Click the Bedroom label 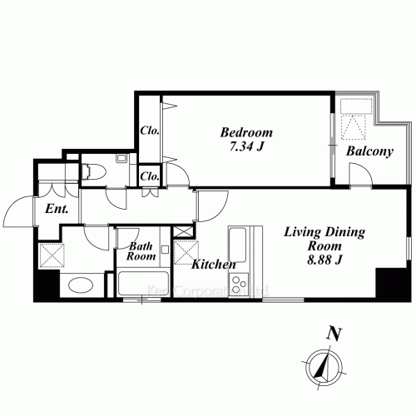pyautogui.click(x=246, y=132)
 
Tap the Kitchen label pyautogui.click(x=214, y=265)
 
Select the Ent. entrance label pyautogui.click(x=56, y=208)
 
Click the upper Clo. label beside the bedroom pyautogui.click(x=150, y=131)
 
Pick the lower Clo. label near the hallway pyautogui.click(x=151, y=176)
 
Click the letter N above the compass pyautogui.click(x=334, y=335)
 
